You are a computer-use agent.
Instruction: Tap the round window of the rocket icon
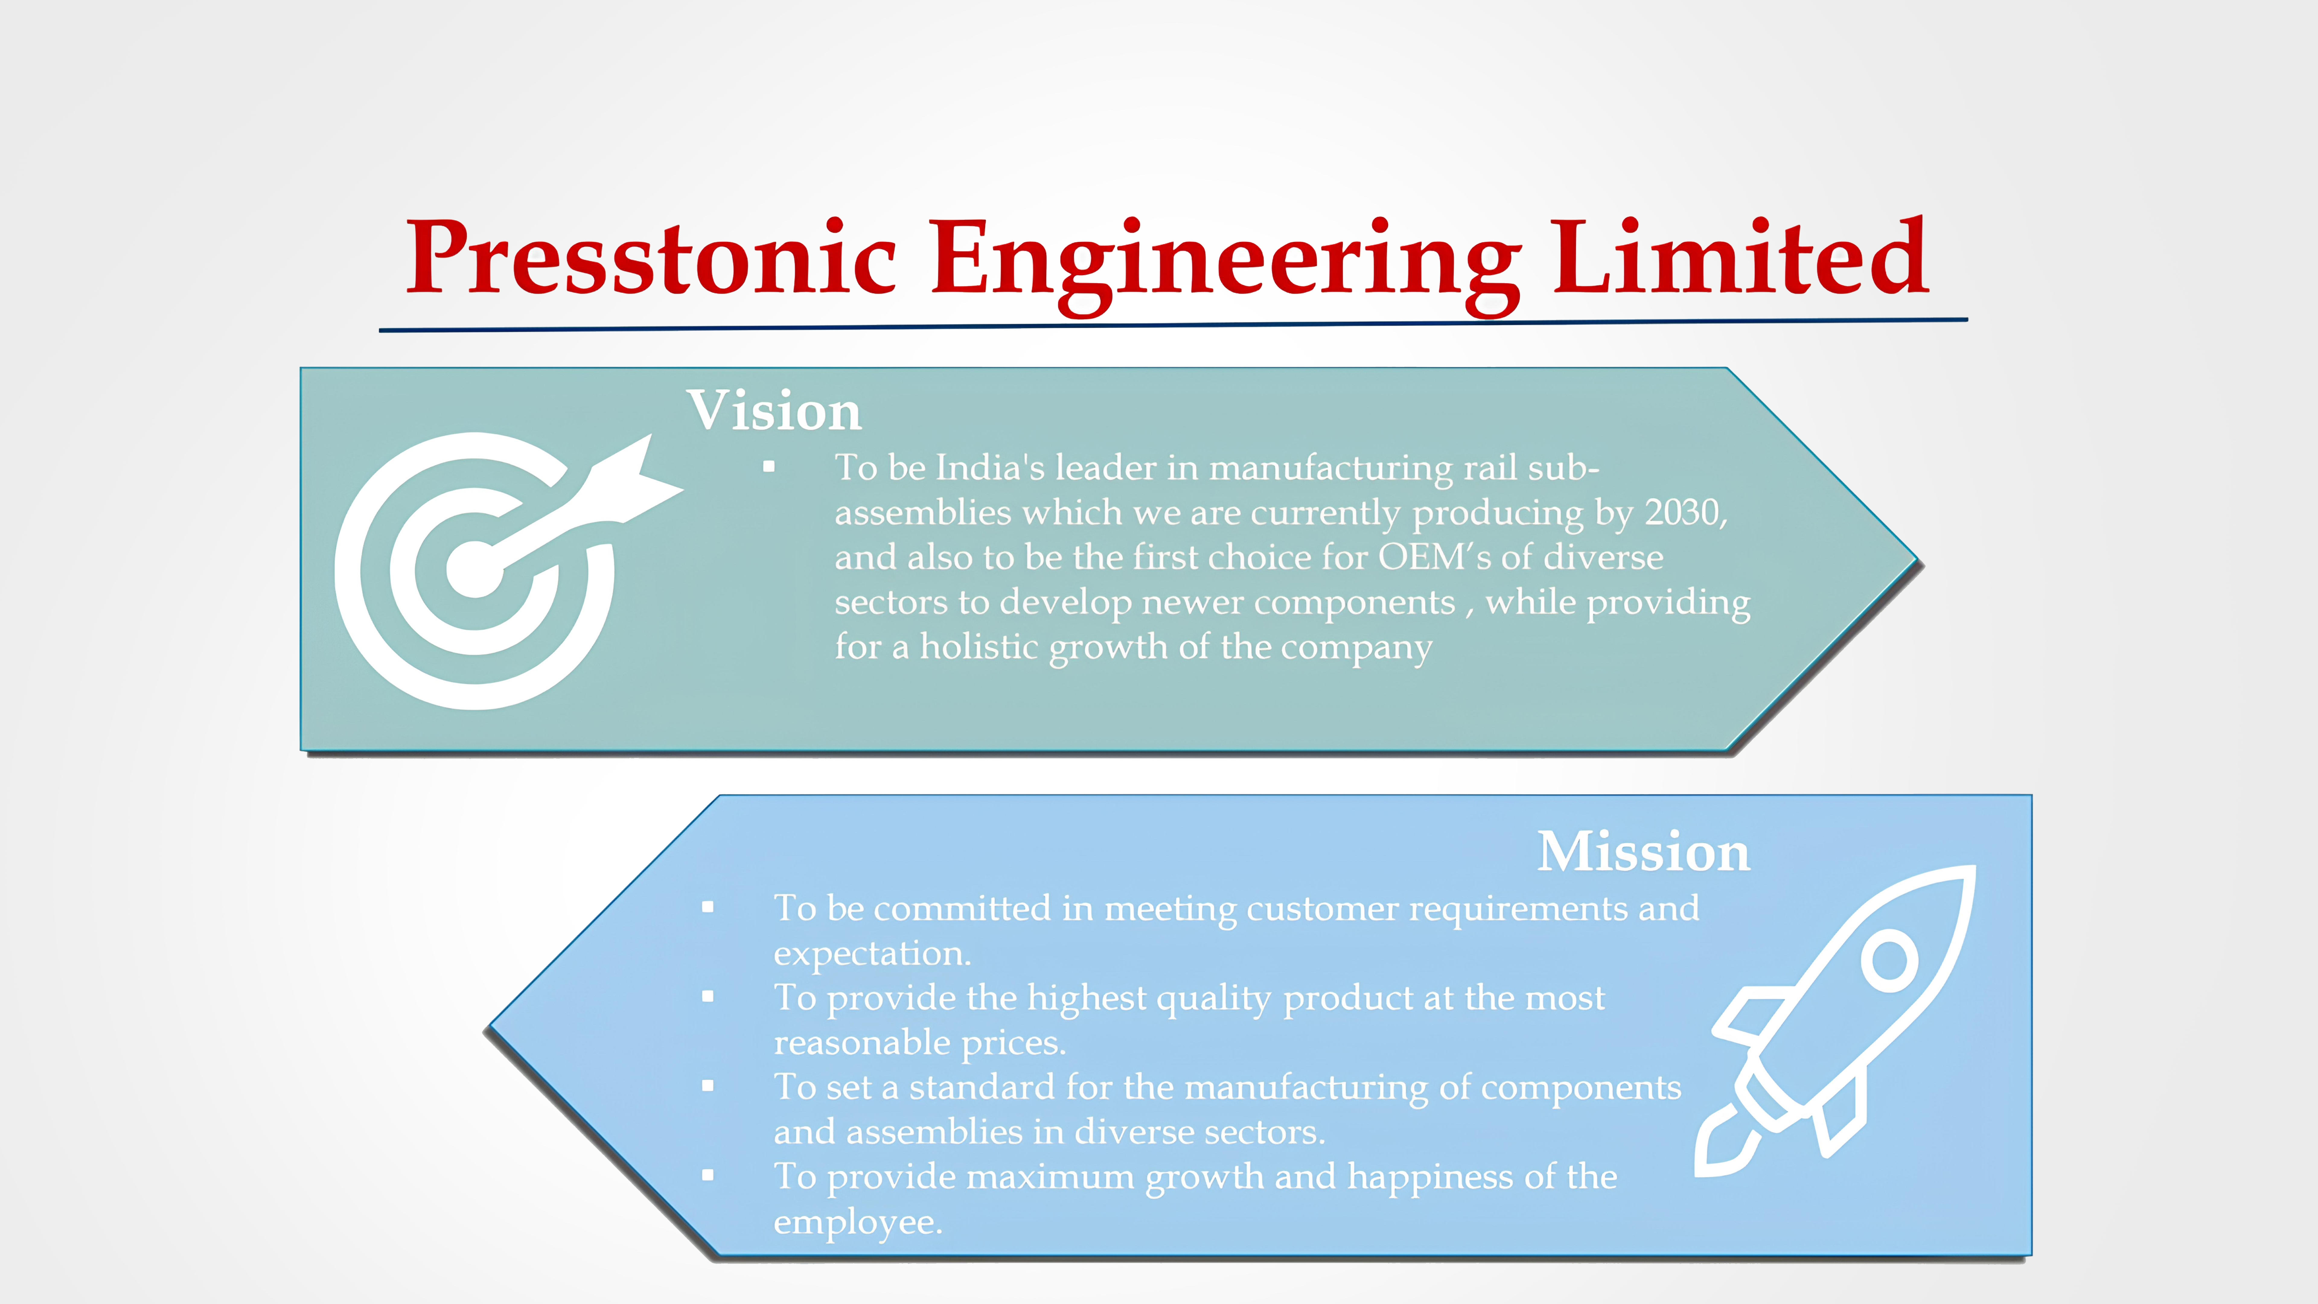(1890, 960)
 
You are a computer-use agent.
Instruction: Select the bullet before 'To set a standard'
(708, 1086)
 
